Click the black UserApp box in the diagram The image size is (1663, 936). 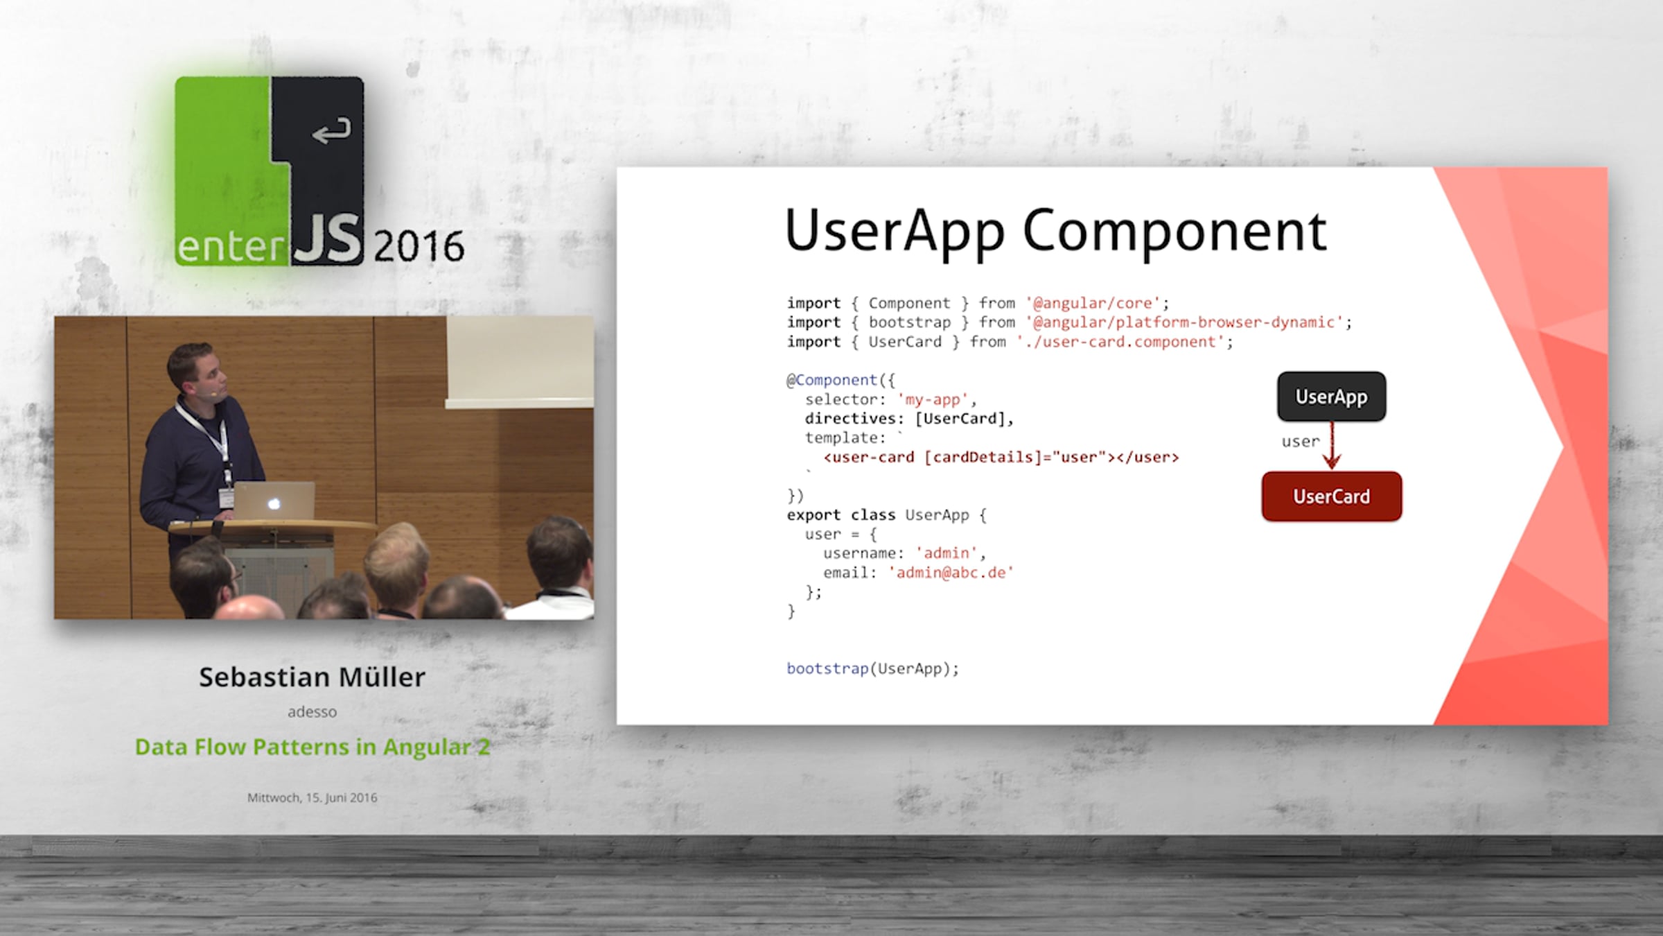coord(1331,397)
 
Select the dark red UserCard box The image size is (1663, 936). coord(1331,496)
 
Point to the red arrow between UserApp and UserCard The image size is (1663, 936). coord(1332,446)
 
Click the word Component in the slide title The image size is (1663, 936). coord(1174,232)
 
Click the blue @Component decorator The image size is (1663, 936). coord(831,380)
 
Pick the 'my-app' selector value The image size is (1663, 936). coord(932,399)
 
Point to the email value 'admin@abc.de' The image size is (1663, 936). coord(951,573)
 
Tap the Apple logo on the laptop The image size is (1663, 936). coord(274,503)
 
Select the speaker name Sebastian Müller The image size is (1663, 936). coord(312,677)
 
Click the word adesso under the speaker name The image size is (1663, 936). coord(312,711)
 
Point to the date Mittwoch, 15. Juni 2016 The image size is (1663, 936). coord(312,797)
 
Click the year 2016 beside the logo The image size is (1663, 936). coord(419,246)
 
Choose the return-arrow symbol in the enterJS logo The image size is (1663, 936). coord(331,130)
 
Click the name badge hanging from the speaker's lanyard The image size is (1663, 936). coord(226,497)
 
